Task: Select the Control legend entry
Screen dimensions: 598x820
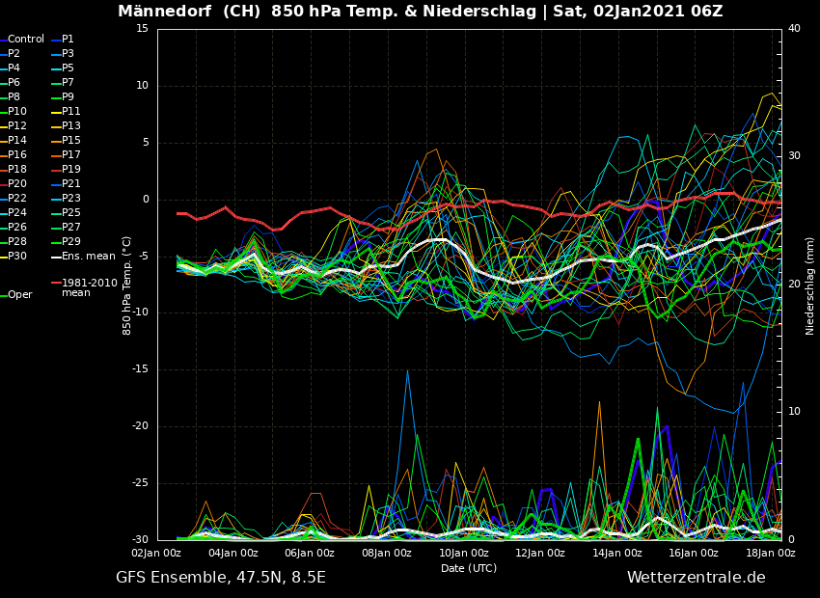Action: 26,40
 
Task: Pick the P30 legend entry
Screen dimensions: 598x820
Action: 17,257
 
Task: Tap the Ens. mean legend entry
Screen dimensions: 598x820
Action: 88,257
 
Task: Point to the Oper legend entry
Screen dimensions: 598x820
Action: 19,295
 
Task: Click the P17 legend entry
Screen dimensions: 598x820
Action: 71,155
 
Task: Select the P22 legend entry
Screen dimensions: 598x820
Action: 17,199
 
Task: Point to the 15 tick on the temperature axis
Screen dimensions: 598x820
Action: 142,29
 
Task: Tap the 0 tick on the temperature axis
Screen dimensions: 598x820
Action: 146,200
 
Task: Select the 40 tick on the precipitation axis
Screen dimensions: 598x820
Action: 794,29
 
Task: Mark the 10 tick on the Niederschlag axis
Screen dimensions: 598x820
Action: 794,412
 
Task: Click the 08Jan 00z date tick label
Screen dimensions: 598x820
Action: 386,554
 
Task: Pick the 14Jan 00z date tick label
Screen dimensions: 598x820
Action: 617,554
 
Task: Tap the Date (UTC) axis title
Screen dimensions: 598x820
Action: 469,568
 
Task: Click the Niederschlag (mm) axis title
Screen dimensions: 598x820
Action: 810,285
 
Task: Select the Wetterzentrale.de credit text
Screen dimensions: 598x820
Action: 696,578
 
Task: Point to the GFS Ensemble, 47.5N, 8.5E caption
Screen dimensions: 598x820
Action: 221,578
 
